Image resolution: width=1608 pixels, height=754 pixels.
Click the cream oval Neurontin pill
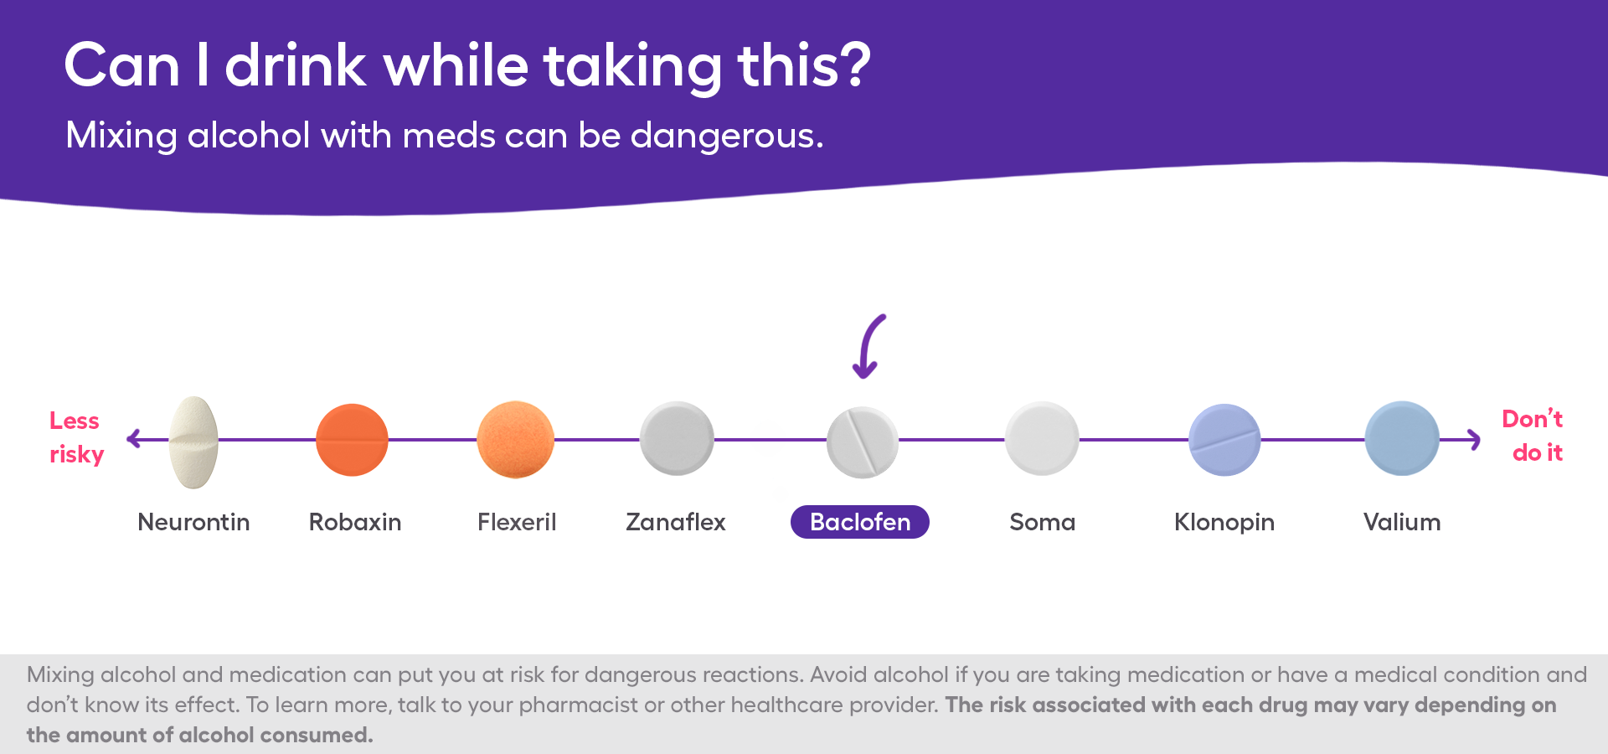[x=193, y=442]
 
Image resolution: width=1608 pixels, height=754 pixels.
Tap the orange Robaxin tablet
[x=352, y=440]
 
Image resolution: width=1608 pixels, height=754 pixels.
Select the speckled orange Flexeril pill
[x=516, y=440]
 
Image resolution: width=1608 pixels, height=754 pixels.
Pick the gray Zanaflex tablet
[x=677, y=438]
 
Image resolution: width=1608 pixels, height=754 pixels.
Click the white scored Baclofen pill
[x=862, y=442]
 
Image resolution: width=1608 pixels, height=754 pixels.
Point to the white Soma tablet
[x=1042, y=438]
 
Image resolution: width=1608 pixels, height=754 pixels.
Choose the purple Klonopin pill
[x=1224, y=440]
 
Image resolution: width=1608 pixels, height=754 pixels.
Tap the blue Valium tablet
[x=1402, y=438]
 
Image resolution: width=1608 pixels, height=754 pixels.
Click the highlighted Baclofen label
[x=860, y=522]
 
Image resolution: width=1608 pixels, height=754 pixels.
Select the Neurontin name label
[x=193, y=522]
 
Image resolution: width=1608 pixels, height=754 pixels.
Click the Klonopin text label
[x=1224, y=522]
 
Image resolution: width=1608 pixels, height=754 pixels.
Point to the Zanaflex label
[x=675, y=522]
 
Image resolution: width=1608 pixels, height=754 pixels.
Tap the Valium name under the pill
[x=1402, y=522]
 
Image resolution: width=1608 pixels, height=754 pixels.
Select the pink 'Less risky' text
[x=75, y=437]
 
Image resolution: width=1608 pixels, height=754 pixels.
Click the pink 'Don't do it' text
[x=1533, y=436]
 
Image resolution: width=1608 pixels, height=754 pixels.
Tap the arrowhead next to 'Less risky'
[x=133, y=438]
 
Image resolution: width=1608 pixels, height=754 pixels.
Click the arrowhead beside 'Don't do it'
[x=1474, y=439]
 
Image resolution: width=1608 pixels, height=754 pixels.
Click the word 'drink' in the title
[x=296, y=65]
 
